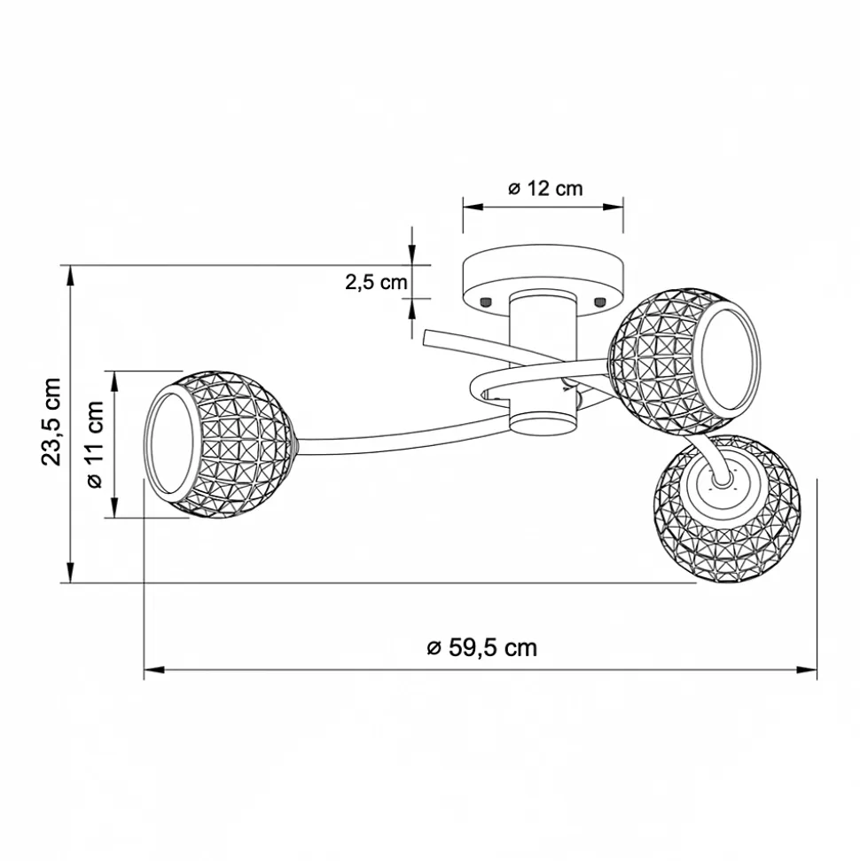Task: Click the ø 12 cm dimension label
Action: pyautogui.click(x=544, y=188)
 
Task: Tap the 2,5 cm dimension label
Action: pyautogui.click(x=376, y=282)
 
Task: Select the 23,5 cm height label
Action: pyautogui.click(x=51, y=422)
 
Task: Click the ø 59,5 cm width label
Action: pyautogui.click(x=481, y=648)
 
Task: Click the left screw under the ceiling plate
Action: pyautogui.click(x=485, y=301)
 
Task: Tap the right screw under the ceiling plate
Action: pyautogui.click(x=599, y=301)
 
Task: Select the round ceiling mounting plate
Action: pyautogui.click(x=543, y=280)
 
